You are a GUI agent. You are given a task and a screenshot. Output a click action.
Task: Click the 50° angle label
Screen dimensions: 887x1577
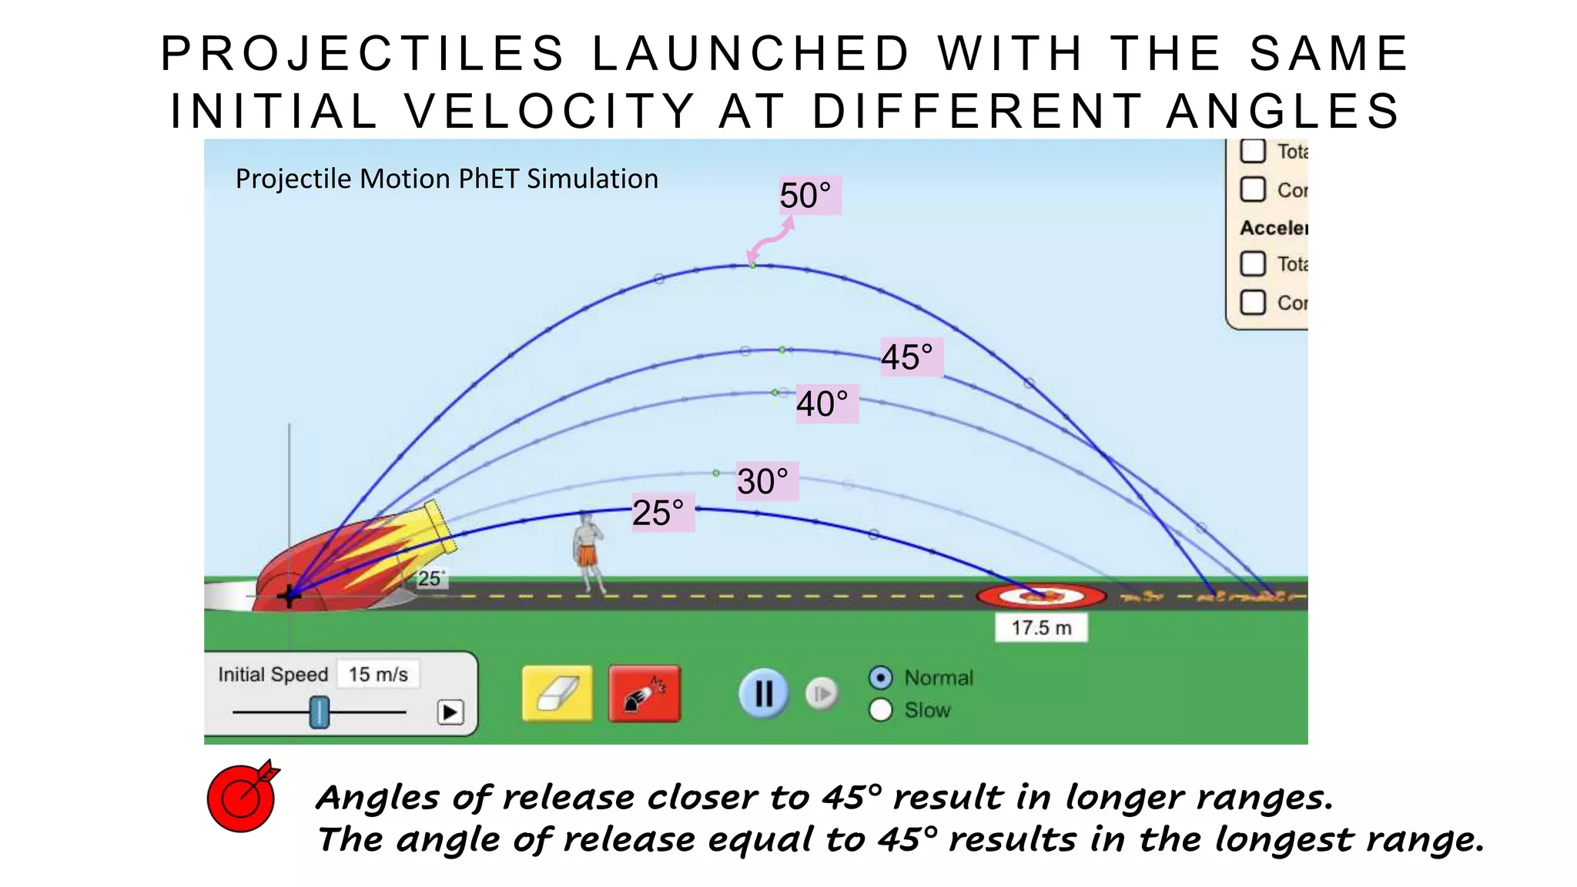tap(805, 195)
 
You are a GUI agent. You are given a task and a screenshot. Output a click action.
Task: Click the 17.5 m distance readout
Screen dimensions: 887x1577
tap(1041, 628)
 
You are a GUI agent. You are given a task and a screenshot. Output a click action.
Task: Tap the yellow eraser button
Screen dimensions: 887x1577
tap(557, 694)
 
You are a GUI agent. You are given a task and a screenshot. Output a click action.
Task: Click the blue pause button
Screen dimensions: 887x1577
tap(763, 694)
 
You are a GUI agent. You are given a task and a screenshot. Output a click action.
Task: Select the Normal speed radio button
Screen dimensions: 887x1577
tap(881, 678)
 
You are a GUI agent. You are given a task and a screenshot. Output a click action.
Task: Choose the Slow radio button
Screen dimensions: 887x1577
tap(881, 710)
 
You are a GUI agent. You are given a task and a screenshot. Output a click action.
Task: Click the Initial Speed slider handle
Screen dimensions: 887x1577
tap(320, 711)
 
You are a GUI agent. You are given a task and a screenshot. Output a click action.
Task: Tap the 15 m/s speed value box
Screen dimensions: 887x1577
tap(378, 674)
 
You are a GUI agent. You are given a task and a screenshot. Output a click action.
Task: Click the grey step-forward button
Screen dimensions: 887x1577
tap(822, 694)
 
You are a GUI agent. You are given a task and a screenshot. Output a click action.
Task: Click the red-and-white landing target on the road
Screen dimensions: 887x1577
tap(1041, 595)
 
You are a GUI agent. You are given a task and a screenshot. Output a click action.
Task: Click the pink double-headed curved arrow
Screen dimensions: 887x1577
tap(771, 239)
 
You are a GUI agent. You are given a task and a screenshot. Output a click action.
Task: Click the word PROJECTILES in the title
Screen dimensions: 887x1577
tap(363, 54)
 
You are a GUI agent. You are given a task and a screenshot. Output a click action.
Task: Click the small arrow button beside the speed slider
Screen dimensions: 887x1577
tap(450, 712)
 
